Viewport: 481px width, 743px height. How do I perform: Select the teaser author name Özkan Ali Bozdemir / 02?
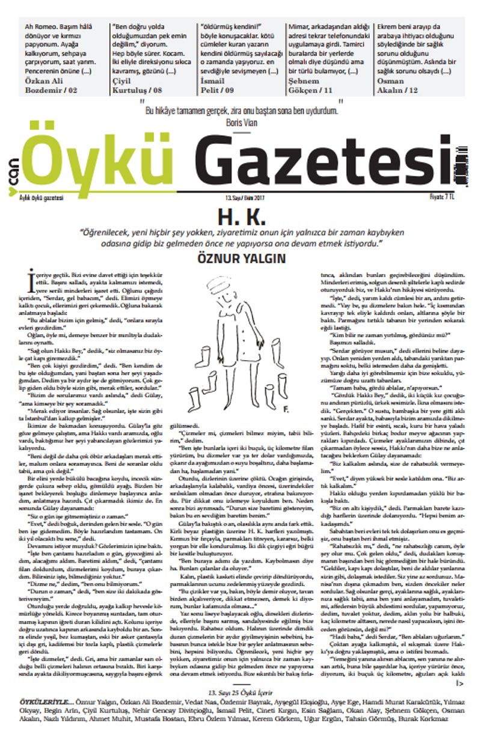click(51, 85)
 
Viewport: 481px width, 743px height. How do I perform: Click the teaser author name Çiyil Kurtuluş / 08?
click(137, 85)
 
